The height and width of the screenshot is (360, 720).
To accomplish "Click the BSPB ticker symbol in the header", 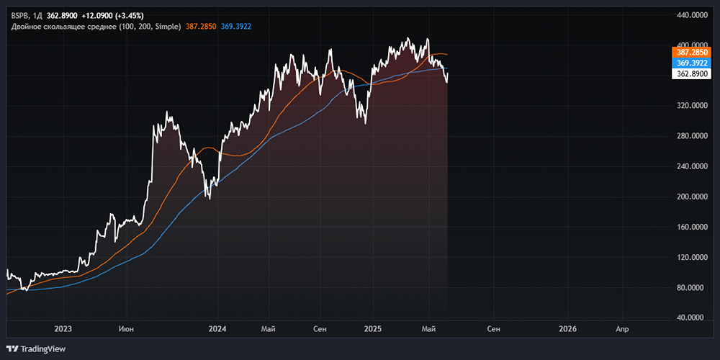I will click(19, 14).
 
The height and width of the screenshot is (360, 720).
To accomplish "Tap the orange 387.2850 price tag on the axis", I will click(692, 53).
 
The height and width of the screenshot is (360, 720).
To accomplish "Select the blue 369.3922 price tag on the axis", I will click(692, 63).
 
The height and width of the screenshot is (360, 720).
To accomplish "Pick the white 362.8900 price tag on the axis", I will click(692, 74).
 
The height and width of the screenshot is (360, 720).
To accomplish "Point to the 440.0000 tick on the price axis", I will click(692, 14).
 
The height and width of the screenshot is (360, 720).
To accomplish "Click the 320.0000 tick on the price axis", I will click(692, 105).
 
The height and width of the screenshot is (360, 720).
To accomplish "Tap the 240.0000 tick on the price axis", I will click(692, 166).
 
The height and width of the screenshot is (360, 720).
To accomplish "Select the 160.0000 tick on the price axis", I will click(692, 227).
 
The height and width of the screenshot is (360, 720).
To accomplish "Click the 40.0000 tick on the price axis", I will click(692, 318).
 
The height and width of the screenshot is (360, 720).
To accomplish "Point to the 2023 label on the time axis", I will click(63, 329).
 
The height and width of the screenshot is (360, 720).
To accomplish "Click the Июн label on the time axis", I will click(126, 329).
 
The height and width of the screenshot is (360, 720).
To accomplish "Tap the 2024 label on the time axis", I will click(217, 329).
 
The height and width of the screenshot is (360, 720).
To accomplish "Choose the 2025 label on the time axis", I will click(372, 329).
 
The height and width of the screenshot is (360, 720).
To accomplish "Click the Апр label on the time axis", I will click(622, 329).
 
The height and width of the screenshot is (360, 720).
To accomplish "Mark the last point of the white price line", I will click(448, 73).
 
